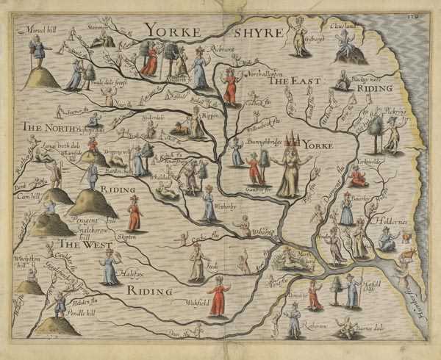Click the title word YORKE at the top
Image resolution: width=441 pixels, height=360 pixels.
tap(176, 30)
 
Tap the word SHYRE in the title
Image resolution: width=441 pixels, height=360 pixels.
tap(257, 32)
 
